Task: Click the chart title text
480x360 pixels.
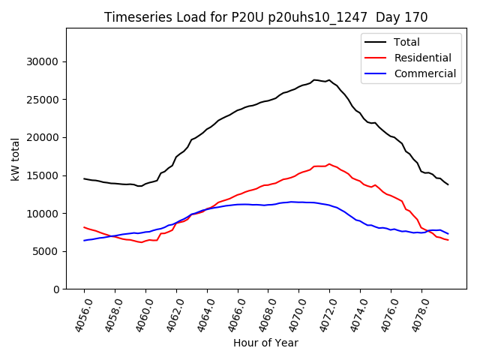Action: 265,17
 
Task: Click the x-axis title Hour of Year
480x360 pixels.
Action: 265,343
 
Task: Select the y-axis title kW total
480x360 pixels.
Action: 16,159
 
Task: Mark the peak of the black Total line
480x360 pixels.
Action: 315,79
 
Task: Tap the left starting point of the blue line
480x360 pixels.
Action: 84,241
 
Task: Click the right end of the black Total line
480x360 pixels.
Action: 448,184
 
